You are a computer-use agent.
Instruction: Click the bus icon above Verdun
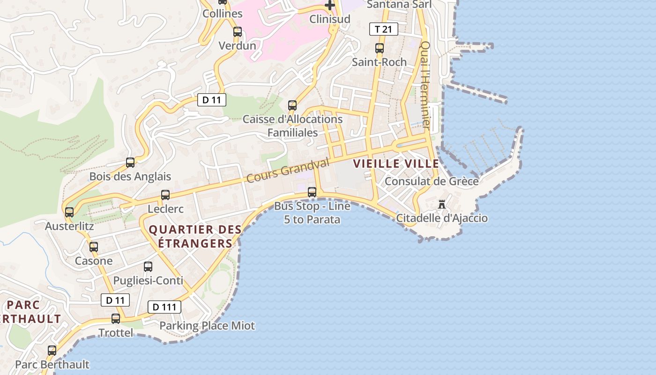(x=238, y=32)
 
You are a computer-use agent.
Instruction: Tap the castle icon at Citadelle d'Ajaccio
(x=442, y=204)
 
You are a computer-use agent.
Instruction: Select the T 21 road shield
(x=384, y=29)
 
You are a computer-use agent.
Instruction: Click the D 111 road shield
(x=164, y=307)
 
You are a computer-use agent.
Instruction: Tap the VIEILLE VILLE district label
(x=396, y=164)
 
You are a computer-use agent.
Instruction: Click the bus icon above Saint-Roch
(x=380, y=48)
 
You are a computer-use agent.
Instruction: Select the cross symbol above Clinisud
(x=330, y=6)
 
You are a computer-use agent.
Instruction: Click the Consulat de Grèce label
(x=432, y=181)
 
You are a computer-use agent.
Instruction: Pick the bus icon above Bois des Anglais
(x=130, y=163)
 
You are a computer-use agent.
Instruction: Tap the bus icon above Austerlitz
(x=69, y=212)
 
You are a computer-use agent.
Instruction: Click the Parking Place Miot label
(x=207, y=326)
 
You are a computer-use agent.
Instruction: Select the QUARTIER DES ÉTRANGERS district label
(x=195, y=236)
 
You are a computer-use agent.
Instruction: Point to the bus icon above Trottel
(x=116, y=319)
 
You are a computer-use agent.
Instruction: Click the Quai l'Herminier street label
(x=425, y=85)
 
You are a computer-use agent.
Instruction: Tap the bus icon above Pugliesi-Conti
(x=148, y=267)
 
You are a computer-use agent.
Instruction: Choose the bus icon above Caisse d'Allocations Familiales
(x=292, y=105)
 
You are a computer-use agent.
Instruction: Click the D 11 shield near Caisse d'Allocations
(x=212, y=100)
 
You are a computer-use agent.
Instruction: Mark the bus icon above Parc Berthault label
(x=52, y=350)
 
